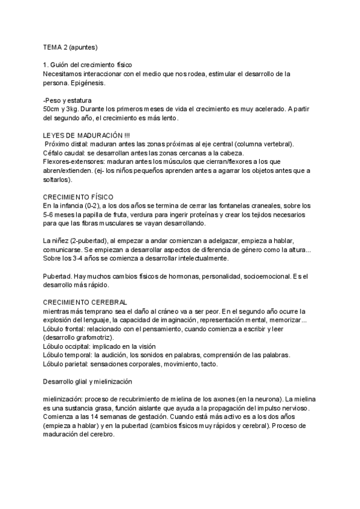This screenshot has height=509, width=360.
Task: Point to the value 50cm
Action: (52, 109)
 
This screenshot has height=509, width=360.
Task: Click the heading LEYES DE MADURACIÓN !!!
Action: (86, 135)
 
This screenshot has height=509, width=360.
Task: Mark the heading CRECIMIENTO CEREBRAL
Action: (85, 303)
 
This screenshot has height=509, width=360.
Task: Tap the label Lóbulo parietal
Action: (65, 364)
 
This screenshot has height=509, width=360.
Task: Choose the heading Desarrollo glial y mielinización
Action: (92, 382)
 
